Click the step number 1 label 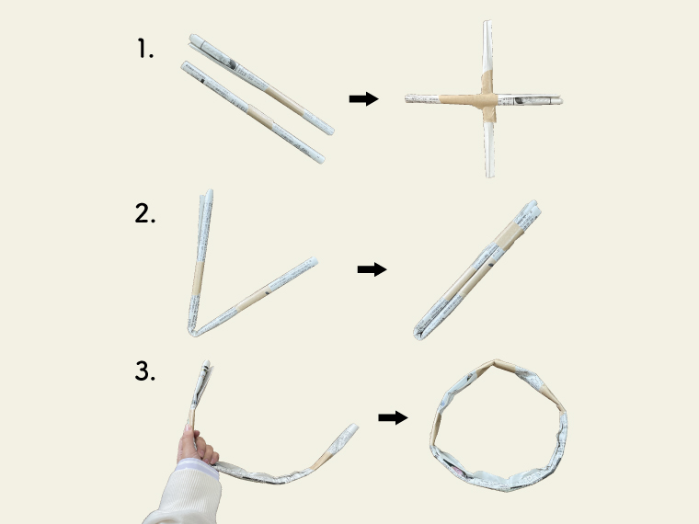click(145, 49)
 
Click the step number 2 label click(145, 213)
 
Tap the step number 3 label click(145, 371)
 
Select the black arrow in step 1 click(364, 99)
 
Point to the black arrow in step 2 click(372, 269)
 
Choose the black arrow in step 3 click(393, 417)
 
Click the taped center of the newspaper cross click(488, 100)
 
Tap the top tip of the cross click(487, 21)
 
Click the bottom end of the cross click(489, 177)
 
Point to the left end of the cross click(407, 99)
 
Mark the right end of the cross click(561, 100)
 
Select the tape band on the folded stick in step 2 click(510, 235)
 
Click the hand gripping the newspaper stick click(197, 447)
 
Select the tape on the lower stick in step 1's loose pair click(260, 117)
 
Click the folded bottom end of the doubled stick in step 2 click(418, 335)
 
